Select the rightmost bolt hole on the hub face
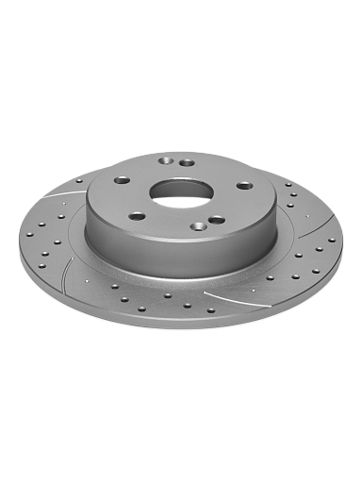[x=244, y=185]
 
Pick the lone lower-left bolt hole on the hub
[x=138, y=216]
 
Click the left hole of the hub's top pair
[x=170, y=160]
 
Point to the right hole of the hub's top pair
[x=188, y=163]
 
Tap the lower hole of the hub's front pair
[x=199, y=226]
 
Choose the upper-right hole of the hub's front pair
[x=217, y=219]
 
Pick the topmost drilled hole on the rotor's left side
[x=80, y=180]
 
